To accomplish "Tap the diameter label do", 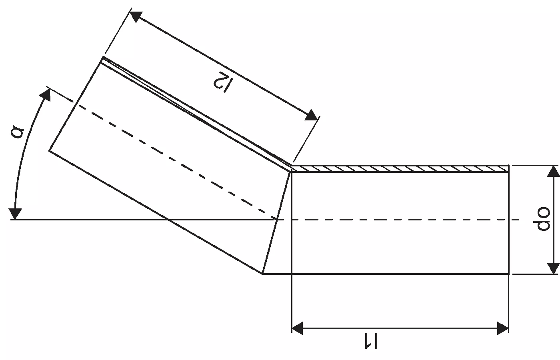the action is tap(542, 219).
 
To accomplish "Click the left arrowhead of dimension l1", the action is tap(297, 328).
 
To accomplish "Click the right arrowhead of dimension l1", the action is tap(503, 328).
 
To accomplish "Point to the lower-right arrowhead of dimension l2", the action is tap(312, 115).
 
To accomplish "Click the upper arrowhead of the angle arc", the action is tap(46, 95).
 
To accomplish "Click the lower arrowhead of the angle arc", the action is tap(15, 214).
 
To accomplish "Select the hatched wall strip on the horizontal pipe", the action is tap(400, 169).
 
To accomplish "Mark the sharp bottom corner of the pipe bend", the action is tap(262, 274).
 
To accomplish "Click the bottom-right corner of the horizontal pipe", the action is tap(509, 274).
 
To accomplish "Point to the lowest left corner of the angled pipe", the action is tap(49, 150).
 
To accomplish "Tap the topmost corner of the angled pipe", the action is tap(103, 57).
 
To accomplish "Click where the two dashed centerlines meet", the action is tap(277, 220).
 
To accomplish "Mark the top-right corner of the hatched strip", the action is tap(509, 166).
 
